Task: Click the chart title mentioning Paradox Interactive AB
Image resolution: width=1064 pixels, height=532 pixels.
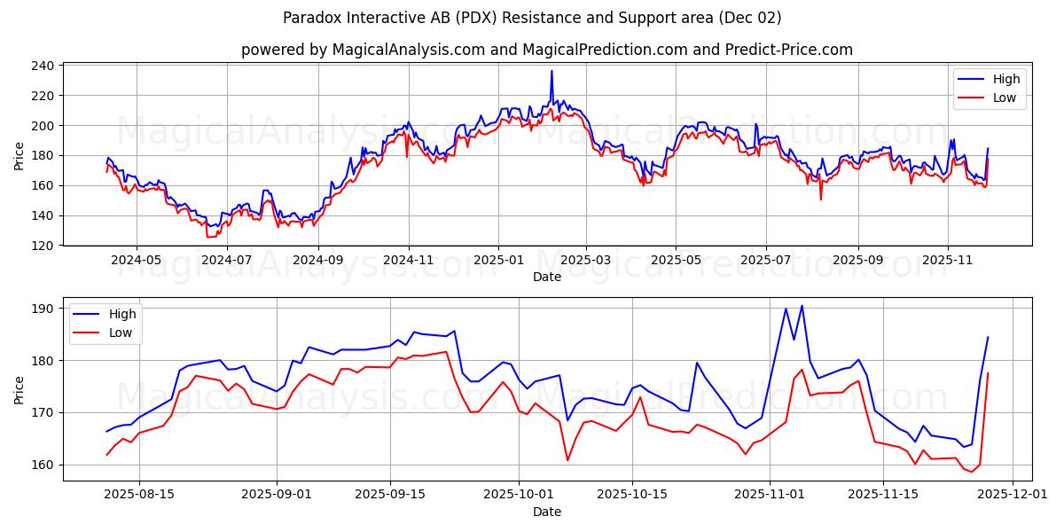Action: (532, 18)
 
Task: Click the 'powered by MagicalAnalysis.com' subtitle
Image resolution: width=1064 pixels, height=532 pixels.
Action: (546, 50)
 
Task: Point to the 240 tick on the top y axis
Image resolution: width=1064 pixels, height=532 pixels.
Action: (45, 66)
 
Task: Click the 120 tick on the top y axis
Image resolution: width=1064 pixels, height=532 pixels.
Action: (45, 246)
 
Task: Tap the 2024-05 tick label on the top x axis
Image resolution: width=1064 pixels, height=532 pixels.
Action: (137, 261)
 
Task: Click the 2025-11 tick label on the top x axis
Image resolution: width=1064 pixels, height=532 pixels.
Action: (948, 261)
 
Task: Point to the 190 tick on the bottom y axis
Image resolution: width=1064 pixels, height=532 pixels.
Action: (45, 309)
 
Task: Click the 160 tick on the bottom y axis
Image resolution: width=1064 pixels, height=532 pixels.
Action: (45, 465)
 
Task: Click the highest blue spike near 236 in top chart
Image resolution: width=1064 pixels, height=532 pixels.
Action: (552, 72)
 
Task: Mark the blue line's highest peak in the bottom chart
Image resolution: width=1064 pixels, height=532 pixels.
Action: (802, 306)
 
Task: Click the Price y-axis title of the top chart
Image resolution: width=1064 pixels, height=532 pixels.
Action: (20, 155)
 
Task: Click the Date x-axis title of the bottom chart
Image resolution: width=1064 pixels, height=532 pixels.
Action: (546, 512)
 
